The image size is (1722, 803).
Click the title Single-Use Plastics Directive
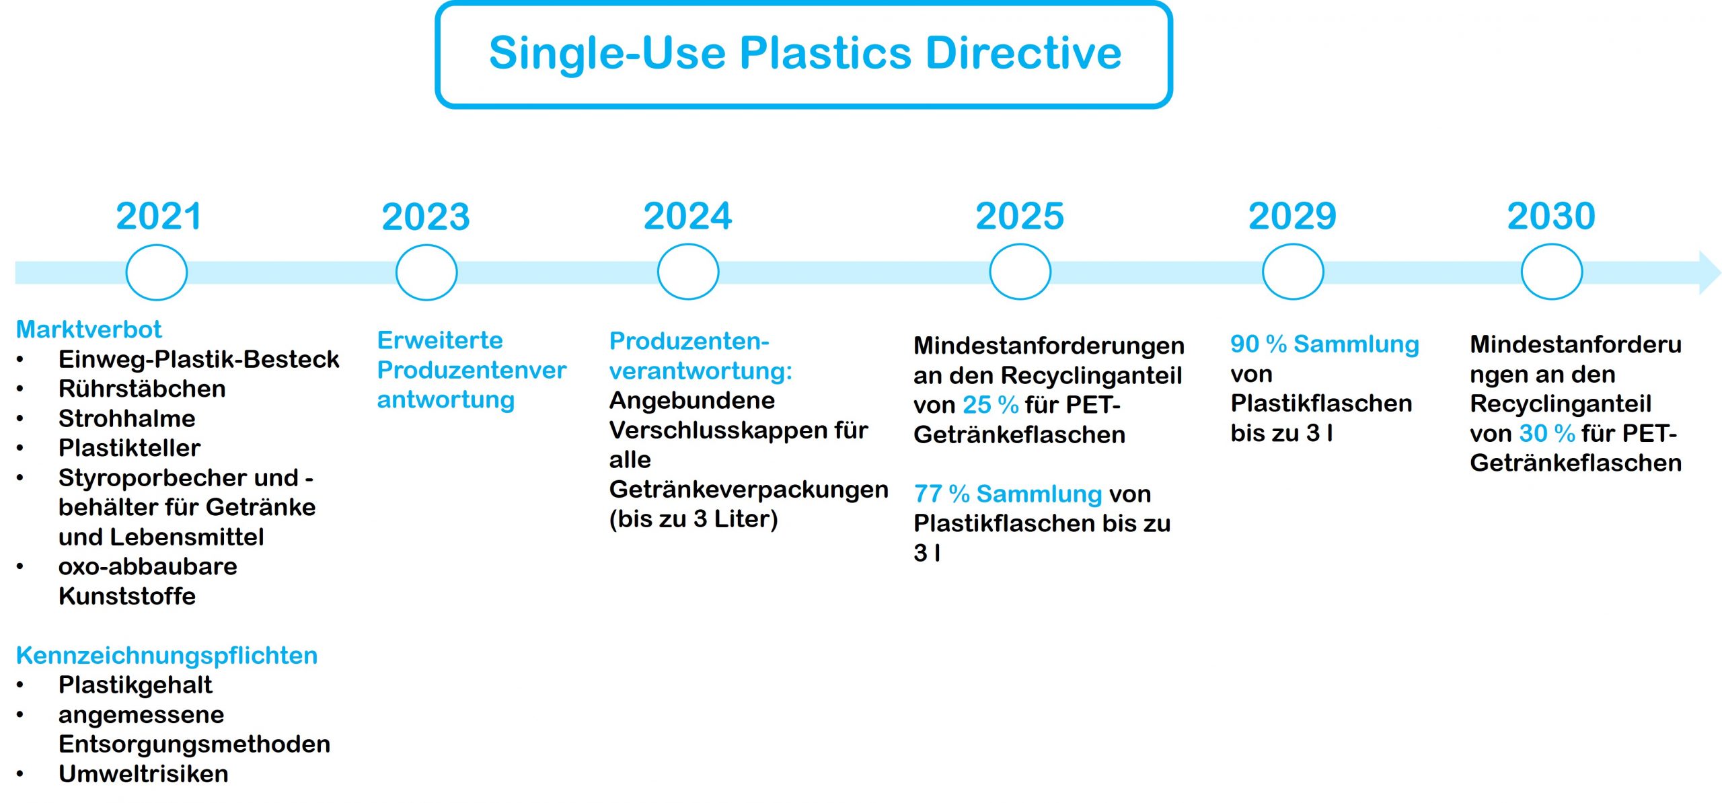(x=804, y=53)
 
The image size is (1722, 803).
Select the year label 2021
(x=159, y=216)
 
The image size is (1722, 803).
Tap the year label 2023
(x=426, y=217)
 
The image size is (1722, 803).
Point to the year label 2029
(x=1292, y=216)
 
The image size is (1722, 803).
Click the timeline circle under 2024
(x=659, y=272)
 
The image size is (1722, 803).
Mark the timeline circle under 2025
(x=991, y=272)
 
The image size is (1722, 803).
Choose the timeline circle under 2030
(x=1522, y=272)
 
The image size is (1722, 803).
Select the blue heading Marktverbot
(x=89, y=330)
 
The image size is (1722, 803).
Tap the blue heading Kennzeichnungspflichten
(x=167, y=655)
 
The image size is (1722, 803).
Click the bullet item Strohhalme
(x=127, y=418)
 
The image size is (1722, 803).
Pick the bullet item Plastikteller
(x=130, y=448)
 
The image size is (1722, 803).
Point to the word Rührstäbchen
(x=142, y=389)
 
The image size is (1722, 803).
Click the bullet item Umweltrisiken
(x=143, y=774)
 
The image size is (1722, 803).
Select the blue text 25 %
(x=991, y=405)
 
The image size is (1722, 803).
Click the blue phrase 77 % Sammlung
(x=1008, y=494)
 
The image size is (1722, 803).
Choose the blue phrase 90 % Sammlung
(x=1325, y=344)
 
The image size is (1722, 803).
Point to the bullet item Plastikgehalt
(x=135, y=685)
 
